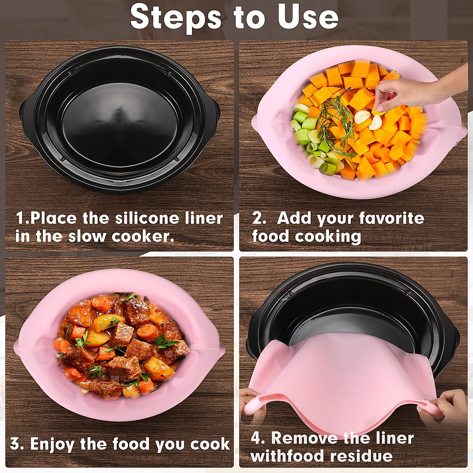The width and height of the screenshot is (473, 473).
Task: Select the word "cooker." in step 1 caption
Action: (143, 236)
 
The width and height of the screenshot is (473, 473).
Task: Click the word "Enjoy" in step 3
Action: (52, 444)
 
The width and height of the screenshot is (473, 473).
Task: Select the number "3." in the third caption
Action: (17, 444)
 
